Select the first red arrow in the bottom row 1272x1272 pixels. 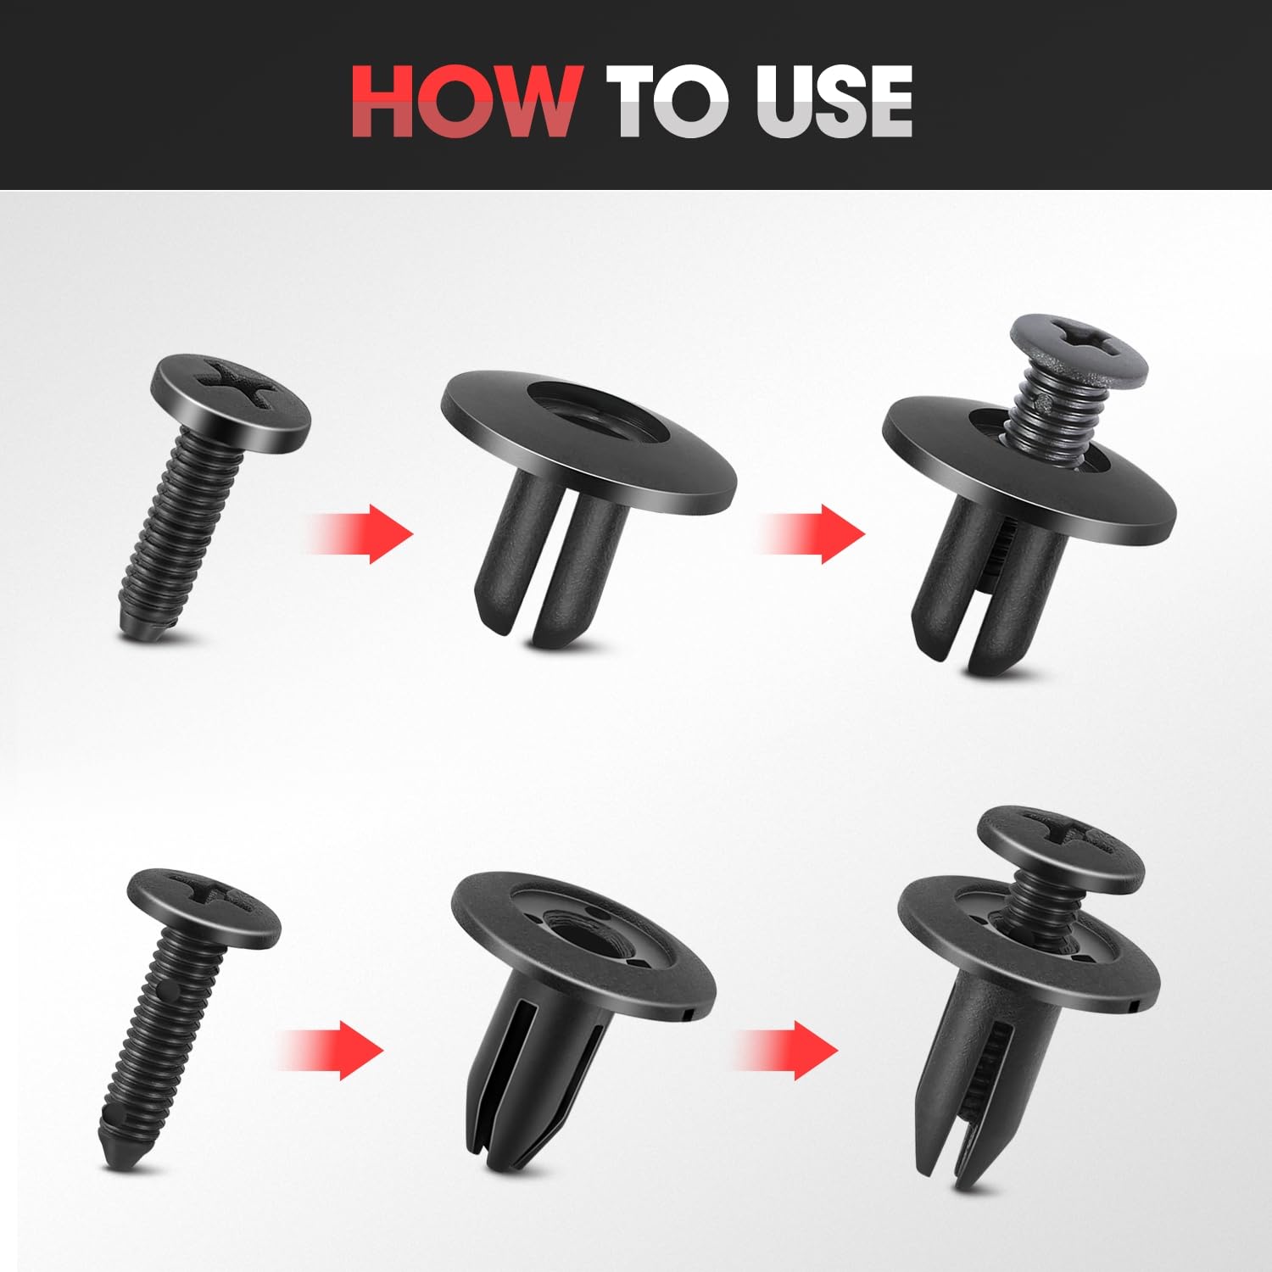point(332,1050)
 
